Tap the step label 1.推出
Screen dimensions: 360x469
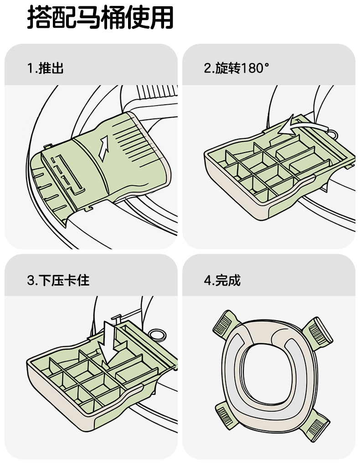click(46, 68)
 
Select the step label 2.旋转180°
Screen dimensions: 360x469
click(237, 68)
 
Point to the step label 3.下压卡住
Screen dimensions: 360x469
click(58, 280)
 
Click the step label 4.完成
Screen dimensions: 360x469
click(222, 280)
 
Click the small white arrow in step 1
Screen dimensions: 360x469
click(103, 148)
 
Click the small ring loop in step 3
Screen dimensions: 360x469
click(157, 335)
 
